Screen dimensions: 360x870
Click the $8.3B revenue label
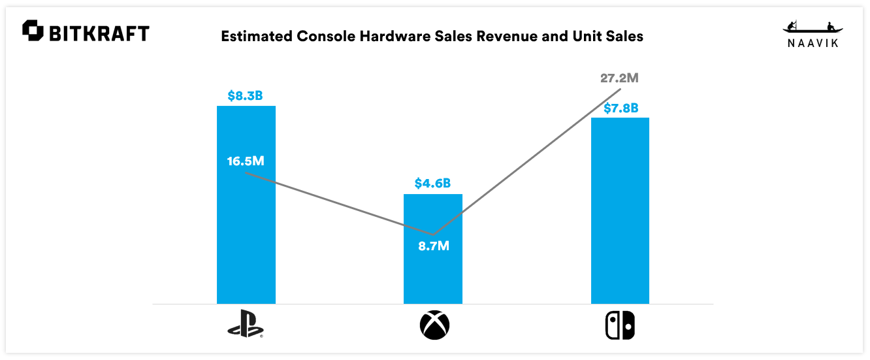tap(245, 95)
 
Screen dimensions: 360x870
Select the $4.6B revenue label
tap(432, 184)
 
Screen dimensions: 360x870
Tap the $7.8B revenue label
tap(620, 107)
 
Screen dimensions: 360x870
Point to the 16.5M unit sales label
tap(246, 161)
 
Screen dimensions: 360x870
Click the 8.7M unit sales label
tap(434, 246)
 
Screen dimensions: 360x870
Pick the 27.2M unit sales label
tap(619, 78)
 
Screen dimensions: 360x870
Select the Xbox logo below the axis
tap(433, 325)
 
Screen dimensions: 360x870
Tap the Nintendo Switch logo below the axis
tap(620, 325)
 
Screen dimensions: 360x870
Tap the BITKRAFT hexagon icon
tap(33, 31)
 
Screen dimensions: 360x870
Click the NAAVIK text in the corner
tap(813, 43)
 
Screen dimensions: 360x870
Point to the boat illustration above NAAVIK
tap(813, 28)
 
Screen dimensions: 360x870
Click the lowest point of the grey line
tap(433, 234)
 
